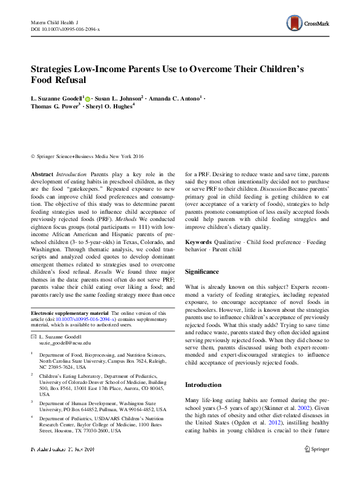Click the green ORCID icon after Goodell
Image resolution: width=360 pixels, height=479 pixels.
pos(88,98)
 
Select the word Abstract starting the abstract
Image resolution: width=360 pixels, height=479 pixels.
pos(42,174)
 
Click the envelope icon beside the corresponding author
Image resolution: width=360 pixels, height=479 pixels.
pos(33,335)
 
